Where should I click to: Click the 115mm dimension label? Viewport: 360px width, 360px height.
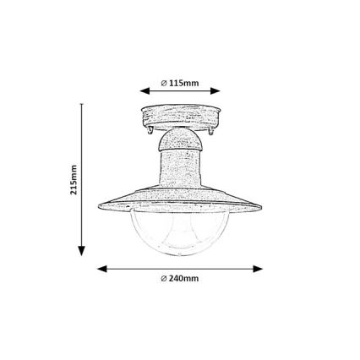[x=183, y=83]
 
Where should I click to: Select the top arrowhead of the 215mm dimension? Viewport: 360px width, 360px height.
[x=83, y=107]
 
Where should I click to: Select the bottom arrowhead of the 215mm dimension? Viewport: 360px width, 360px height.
[x=83, y=250]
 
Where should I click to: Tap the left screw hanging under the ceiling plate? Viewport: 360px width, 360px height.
[x=150, y=134]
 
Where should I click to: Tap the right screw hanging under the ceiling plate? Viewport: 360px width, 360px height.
[x=210, y=134]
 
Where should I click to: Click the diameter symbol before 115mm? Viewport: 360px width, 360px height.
[x=164, y=83]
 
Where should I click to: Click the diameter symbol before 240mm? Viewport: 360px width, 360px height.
[x=163, y=278]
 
